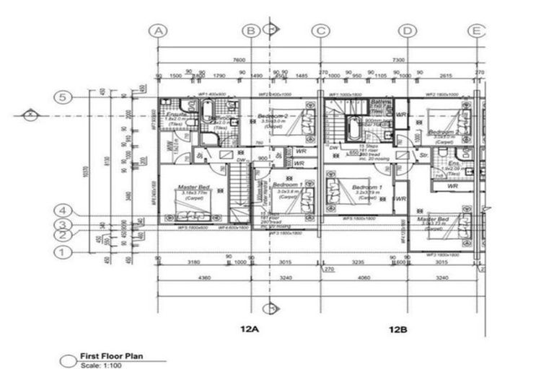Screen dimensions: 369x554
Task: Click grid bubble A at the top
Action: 158,30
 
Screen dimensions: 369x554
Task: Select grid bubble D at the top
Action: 408,30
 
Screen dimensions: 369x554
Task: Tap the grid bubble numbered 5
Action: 63,97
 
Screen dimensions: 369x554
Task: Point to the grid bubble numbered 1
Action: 63,252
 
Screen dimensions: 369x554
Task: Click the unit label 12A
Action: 250,329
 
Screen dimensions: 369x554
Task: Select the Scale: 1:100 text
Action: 101,366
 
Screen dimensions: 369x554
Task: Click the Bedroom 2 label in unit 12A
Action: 275,116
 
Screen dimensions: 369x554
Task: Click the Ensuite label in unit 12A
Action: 176,115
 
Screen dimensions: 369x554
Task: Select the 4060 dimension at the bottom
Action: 364,277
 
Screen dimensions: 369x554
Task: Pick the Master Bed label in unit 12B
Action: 434,219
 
